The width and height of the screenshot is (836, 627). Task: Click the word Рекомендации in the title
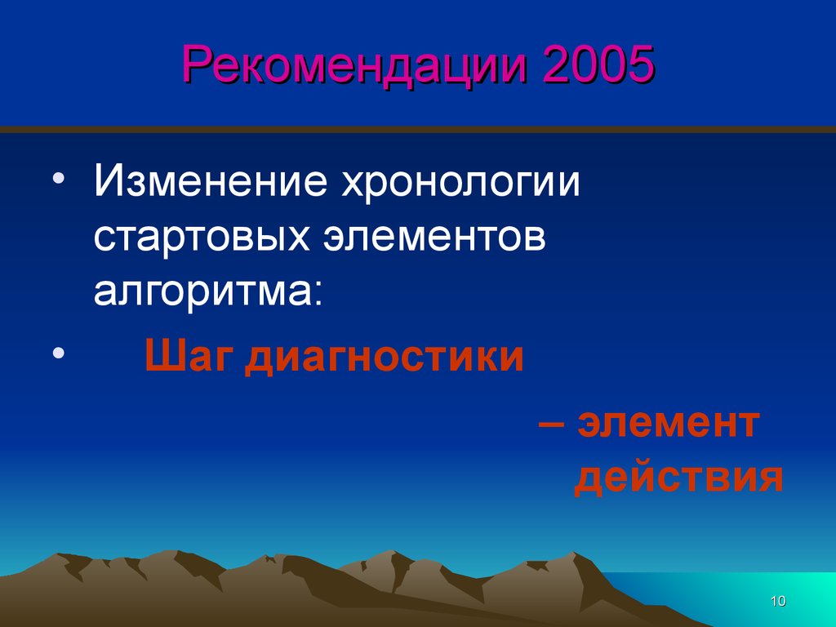354,65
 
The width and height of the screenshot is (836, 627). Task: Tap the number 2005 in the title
598,63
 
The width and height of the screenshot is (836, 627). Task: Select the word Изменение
210,180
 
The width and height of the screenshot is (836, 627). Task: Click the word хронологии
460,184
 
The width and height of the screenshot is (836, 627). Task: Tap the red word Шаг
189,358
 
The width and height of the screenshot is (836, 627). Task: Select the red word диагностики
385,358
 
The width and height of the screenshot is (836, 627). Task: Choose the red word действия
678,478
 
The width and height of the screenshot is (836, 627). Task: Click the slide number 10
778,601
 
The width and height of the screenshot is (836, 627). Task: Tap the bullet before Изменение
59,178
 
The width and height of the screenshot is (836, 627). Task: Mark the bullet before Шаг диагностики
59,353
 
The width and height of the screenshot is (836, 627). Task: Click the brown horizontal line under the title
418,130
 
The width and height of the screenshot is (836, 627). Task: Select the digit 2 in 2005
556,63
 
